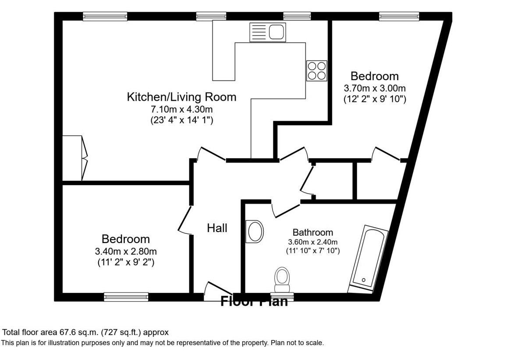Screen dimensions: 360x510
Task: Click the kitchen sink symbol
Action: click(x=267, y=32)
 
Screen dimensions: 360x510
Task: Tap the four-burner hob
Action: click(x=317, y=71)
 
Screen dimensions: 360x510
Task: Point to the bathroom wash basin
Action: click(x=255, y=231)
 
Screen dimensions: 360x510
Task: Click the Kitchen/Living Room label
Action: click(x=181, y=97)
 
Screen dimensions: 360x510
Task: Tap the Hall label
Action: click(x=217, y=228)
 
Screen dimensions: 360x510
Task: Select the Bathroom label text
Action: click(x=313, y=232)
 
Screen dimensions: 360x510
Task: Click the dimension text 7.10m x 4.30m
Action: click(x=181, y=109)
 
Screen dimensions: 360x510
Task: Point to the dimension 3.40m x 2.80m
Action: click(x=126, y=251)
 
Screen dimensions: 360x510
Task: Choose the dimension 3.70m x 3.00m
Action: click(x=375, y=88)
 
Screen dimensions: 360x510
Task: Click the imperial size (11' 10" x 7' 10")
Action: click(x=313, y=251)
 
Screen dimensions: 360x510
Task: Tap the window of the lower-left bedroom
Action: click(x=126, y=297)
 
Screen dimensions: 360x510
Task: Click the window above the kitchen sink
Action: click(x=296, y=16)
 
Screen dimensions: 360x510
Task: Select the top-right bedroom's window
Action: click(x=399, y=16)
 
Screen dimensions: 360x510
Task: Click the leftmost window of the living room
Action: click(x=105, y=16)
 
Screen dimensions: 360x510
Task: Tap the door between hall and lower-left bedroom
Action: click(x=185, y=219)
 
